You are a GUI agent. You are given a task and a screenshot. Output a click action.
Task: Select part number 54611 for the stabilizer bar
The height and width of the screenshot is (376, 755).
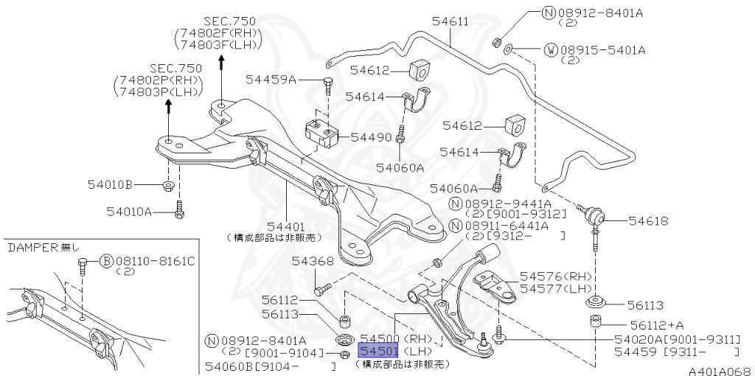point(450,21)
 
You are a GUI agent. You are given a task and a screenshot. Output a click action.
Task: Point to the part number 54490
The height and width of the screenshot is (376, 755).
point(371,137)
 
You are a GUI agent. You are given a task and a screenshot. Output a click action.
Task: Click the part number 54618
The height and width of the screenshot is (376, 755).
point(648,220)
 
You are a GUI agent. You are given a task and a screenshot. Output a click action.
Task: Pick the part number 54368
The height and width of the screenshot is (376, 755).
point(312,260)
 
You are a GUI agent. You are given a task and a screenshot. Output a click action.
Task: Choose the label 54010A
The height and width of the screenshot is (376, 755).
point(128,212)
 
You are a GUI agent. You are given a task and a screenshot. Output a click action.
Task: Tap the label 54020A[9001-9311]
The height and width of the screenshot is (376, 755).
point(678,338)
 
